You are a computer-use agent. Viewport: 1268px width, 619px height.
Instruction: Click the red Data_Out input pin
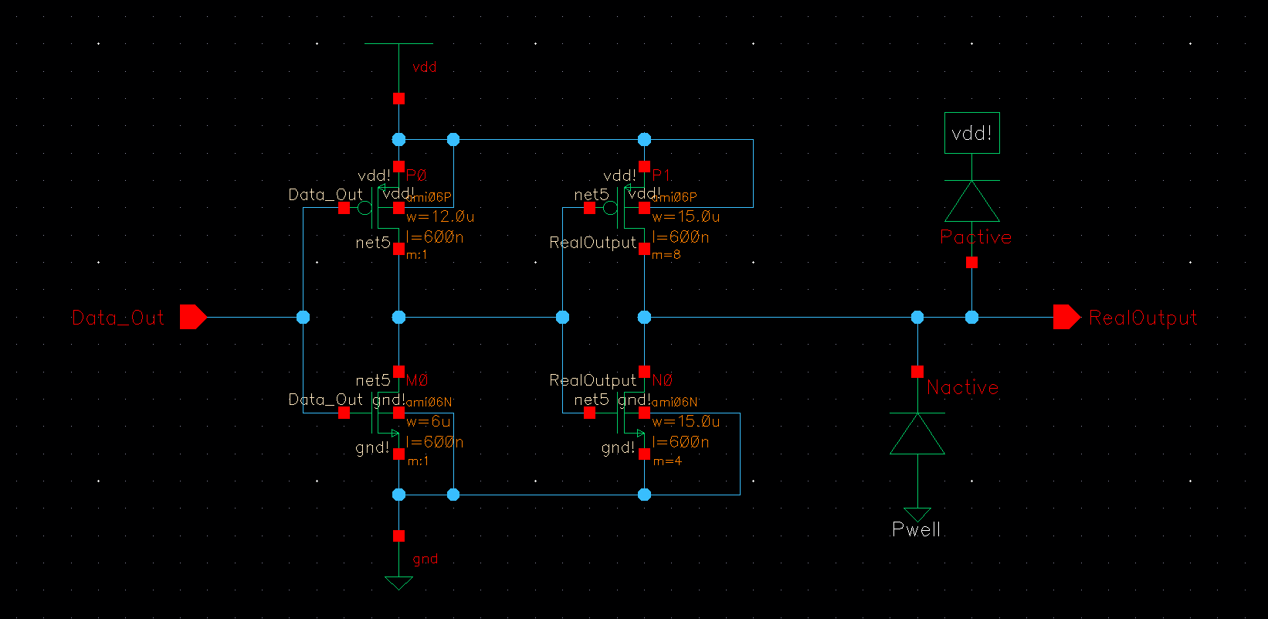coord(192,317)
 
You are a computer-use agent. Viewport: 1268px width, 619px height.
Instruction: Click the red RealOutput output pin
coord(1066,317)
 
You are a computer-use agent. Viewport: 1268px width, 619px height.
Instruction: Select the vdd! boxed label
coord(971,133)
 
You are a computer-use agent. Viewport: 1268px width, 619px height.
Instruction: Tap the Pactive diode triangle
coord(971,202)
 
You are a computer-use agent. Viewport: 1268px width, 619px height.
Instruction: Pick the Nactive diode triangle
coord(917,435)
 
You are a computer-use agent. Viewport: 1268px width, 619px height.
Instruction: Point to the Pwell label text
coord(917,529)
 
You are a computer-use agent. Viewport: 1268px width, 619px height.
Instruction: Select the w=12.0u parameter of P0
coord(440,217)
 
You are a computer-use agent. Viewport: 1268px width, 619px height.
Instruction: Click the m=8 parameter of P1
coord(666,255)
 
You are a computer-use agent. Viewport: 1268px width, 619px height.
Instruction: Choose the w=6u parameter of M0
coord(429,422)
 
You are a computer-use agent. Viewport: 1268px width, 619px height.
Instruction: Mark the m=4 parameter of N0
coord(667,461)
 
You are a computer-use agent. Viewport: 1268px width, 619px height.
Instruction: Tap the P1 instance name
coord(661,175)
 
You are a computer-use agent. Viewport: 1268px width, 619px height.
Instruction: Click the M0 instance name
coord(417,380)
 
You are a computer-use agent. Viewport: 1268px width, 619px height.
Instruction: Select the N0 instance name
coord(663,380)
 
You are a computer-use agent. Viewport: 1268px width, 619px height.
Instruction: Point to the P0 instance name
coord(416,175)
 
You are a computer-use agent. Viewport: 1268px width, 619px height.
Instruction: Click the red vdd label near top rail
coord(425,67)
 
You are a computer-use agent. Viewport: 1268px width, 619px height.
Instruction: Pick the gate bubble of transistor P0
coord(364,208)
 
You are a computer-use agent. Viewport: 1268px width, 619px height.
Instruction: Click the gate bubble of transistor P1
coord(610,208)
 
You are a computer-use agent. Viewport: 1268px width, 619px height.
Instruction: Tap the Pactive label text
coord(976,237)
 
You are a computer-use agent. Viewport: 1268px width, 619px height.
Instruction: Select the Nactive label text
coord(962,387)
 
